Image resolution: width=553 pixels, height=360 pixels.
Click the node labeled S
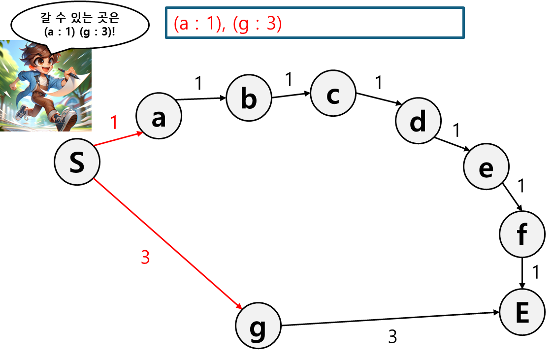tap(77, 162)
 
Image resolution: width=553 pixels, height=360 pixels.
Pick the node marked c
tap(333, 93)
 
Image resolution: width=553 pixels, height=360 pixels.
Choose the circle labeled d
tap(418, 121)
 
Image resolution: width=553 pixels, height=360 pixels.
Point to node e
tap(486, 167)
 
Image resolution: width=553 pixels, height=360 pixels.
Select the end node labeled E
tap(522, 313)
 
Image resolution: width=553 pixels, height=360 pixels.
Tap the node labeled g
tap(258, 326)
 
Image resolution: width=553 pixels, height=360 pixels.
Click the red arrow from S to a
tap(118, 139)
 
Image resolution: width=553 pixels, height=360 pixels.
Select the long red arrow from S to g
tap(167, 244)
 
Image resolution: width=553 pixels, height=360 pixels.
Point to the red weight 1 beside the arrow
tap(114, 123)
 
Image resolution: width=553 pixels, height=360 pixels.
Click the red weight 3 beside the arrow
tap(145, 257)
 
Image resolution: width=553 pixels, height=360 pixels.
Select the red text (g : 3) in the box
tap(257, 24)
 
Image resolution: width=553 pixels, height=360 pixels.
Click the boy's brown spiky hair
tap(37, 52)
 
